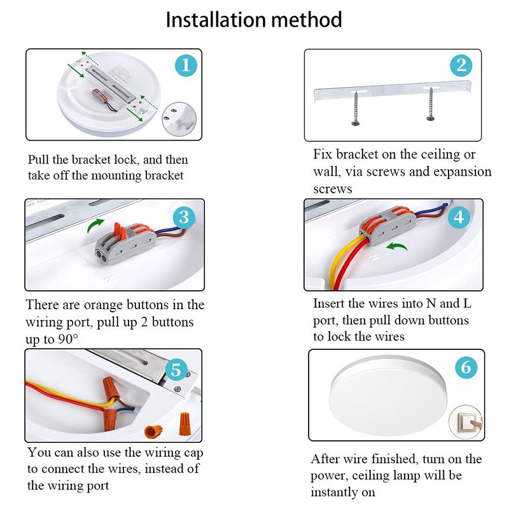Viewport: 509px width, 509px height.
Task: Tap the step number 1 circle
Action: point(186,66)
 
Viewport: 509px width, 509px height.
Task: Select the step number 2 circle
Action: point(461,66)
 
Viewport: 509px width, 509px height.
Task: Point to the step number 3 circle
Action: point(184,217)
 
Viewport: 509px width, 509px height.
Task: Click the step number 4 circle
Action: point(459,217)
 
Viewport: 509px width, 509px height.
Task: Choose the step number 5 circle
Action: point(176,370)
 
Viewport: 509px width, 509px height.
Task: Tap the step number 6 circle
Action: point(466,367)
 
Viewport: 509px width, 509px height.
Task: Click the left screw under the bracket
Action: point(356,108)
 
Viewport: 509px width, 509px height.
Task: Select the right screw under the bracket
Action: point(431,104)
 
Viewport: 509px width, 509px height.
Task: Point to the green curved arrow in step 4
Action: point(396,246)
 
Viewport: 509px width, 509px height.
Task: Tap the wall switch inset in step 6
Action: point(466,422)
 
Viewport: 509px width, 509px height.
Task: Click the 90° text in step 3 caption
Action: point(68,339)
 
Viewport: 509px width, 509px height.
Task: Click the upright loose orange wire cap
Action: point(185,423)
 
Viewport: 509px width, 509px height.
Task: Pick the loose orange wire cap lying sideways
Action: point(153,431)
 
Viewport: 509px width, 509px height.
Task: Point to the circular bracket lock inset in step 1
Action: point(179,119)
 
